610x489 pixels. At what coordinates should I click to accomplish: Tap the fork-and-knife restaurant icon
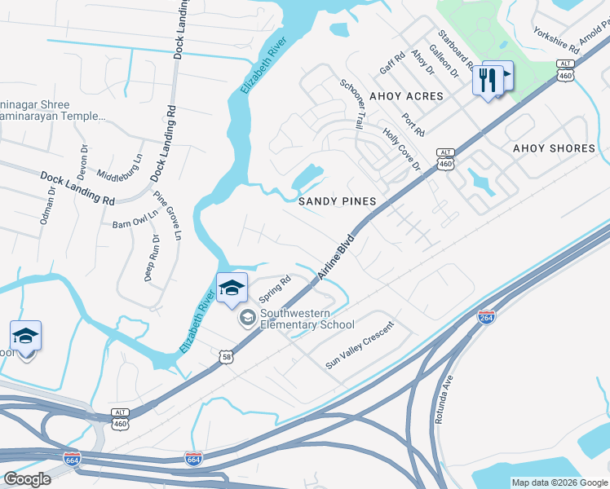point(488,81)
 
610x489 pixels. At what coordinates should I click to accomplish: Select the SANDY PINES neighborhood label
point(337,200)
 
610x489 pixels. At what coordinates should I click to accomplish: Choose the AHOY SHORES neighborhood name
point(554,148)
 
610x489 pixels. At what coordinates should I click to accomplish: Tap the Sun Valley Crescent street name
point(359,346)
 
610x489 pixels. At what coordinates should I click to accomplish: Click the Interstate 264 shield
point(486,317)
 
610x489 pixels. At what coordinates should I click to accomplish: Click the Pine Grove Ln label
point(167,216)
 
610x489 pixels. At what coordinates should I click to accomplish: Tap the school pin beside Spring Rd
point(231,289)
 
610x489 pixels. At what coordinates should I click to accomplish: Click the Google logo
point(27,479)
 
